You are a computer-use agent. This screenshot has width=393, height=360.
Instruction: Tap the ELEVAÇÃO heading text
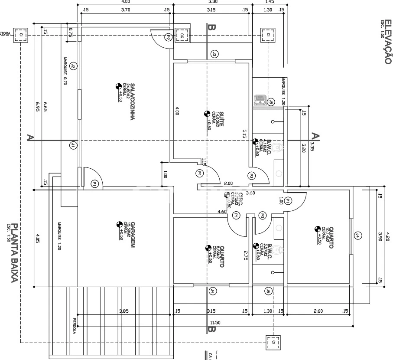pos(388,42)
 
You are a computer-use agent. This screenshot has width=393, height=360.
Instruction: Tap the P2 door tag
pos(168,38)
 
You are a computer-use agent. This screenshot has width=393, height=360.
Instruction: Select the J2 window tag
pos(73,66)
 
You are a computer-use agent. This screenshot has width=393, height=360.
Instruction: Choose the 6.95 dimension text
pos(38,107)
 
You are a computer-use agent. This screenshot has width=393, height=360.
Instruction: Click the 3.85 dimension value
pos(124,311)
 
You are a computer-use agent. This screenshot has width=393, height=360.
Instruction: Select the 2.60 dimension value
pos(318,311)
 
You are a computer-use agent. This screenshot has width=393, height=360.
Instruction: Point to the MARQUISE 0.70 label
pos(64,72)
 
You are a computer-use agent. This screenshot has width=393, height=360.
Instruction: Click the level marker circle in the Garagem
pos(120,224)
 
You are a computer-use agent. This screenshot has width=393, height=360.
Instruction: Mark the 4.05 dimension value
pos(38,238)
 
